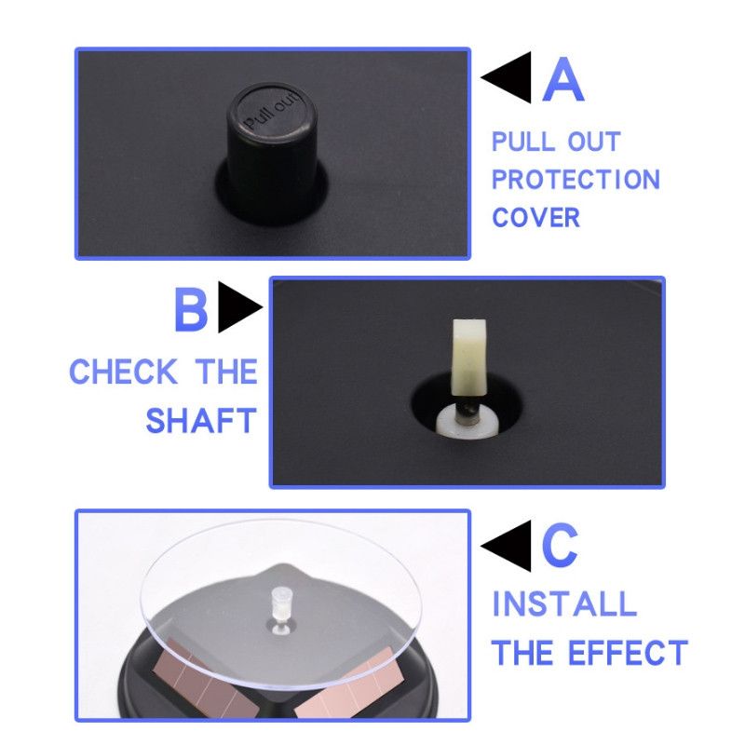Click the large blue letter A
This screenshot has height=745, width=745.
pyautogui.click(x=563, y=79)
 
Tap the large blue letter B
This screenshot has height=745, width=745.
pyautogui.click(x=191, y=309)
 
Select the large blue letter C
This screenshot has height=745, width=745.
pyautogui.click(x=560, y=545)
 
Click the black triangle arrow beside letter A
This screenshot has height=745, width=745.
pyautogui.click(x=506, y=77)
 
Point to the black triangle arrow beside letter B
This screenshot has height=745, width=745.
pyautogui.click(x=240, y=307)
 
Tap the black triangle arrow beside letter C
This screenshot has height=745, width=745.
pyautogui.click(x=506, y=546)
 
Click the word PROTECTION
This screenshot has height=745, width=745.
pyautogui.click(x=576, y=180)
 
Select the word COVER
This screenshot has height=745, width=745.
pyautogui.click(x=536, y=218)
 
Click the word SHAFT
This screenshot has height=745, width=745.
pyautogui.click(x=201, y=421)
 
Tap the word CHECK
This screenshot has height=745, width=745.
pyautogui.click(x=124, y=372)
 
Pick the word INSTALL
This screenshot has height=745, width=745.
pyautogui.click(x=564, y=603)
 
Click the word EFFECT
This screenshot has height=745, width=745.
pyautogui.click(x=628, y=653)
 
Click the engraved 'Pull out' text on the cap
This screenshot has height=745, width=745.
pyautogui.click(x=272, y=110)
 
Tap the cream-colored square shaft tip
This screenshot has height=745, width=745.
pyautogui.click(x=469, y=358)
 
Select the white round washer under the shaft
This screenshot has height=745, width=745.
pyautogui.click(x=467, y=420)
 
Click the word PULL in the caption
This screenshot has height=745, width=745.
pyautogui.click(x=523, y=142)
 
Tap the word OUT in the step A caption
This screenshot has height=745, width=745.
pyautogui.click(x=594, y=142)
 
